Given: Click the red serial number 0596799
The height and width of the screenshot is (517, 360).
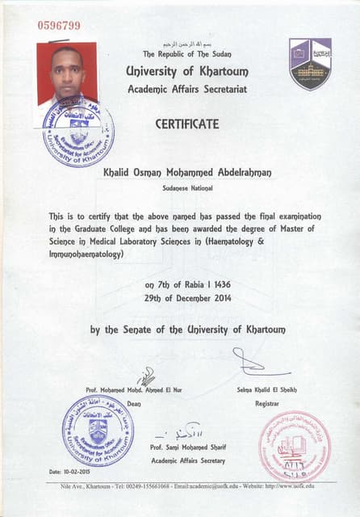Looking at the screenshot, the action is click(59, 25).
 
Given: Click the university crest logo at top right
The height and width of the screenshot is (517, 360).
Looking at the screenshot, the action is click(310, 63).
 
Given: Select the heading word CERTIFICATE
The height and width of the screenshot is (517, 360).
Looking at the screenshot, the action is click(186, 124).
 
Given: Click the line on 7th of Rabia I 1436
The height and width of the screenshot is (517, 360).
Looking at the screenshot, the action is click(180, 285).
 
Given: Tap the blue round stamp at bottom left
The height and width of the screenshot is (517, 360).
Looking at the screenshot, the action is click(98, 431).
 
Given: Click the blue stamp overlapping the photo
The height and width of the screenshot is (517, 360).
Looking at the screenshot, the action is click(78, 131).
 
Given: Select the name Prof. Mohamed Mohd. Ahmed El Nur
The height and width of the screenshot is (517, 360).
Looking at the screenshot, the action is click(134, 390).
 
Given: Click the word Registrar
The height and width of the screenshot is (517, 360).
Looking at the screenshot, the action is click(266, 402).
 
